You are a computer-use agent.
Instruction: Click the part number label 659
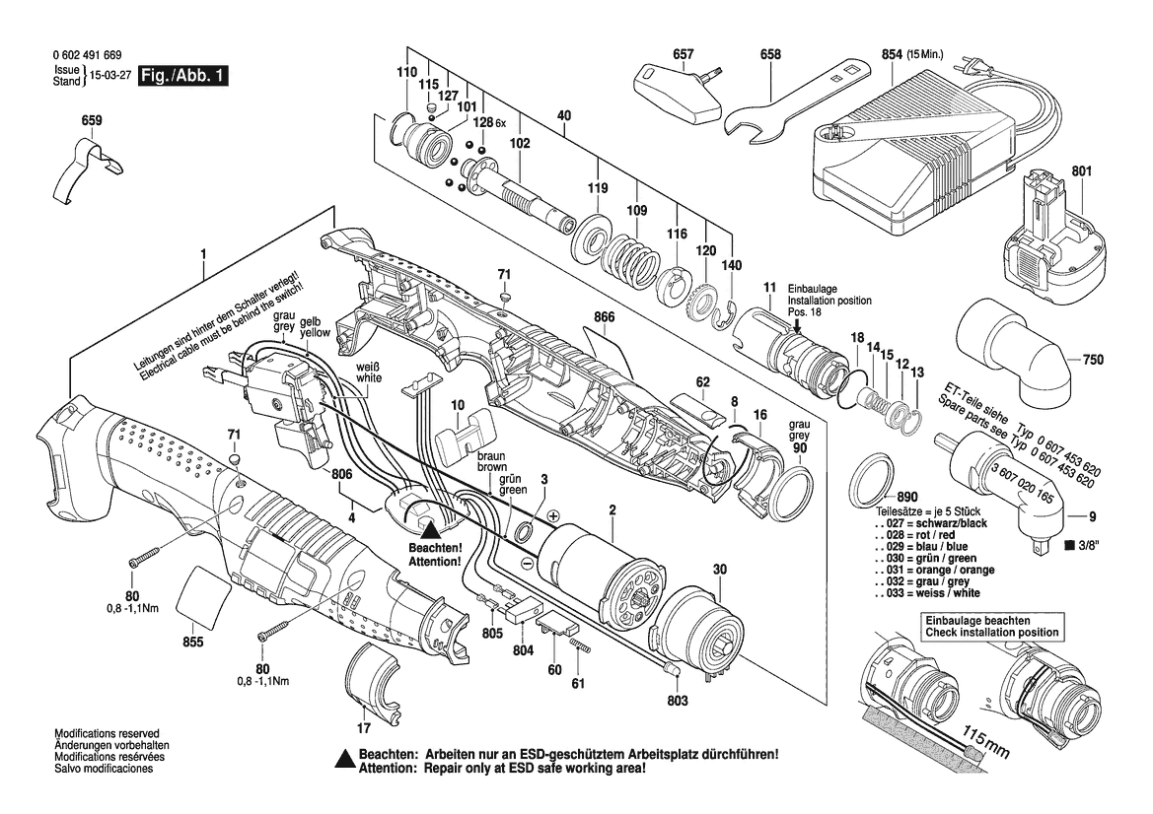pos(91,120)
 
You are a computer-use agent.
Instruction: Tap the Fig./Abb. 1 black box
pos(182,77)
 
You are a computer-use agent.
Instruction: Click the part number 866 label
pos(605,318)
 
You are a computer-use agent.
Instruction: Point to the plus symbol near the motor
pos(552,515)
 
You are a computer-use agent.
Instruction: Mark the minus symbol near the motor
pos(528,562)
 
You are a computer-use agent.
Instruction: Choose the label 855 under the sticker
pos(192,643)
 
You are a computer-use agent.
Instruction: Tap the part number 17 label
pos(364,729)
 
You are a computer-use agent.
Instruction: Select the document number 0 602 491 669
pos(89,56)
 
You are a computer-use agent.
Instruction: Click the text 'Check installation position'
pos(991,632)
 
